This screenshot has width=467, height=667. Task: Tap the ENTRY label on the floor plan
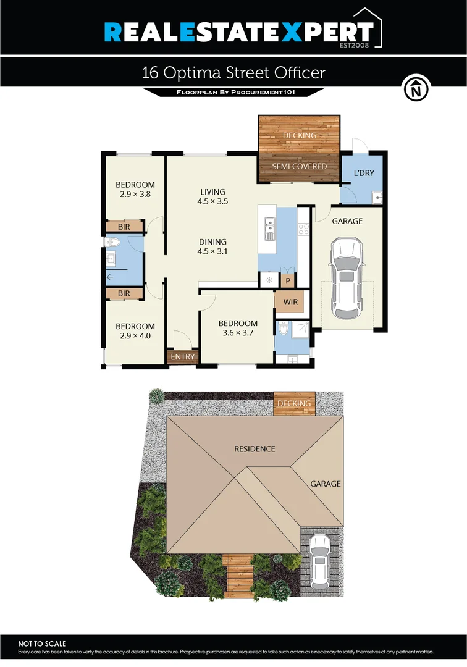[182, 357]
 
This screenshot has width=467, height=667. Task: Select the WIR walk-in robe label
[291, 303]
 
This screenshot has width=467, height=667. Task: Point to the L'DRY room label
[363, 173]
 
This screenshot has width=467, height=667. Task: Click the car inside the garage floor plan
[347, 279]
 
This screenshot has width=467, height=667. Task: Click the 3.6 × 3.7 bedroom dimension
[238, 332]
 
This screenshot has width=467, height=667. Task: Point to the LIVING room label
[212, 191]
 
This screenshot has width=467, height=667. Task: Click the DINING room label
[212, 241]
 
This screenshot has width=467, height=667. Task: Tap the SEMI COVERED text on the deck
[300, 166]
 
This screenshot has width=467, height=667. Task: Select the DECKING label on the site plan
[294, 404]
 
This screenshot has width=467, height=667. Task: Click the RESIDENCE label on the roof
[254, 448]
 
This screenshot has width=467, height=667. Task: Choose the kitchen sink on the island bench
[269, 228]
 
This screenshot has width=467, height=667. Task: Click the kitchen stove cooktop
[303, 229]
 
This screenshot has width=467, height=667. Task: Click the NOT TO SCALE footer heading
[42, 644]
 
